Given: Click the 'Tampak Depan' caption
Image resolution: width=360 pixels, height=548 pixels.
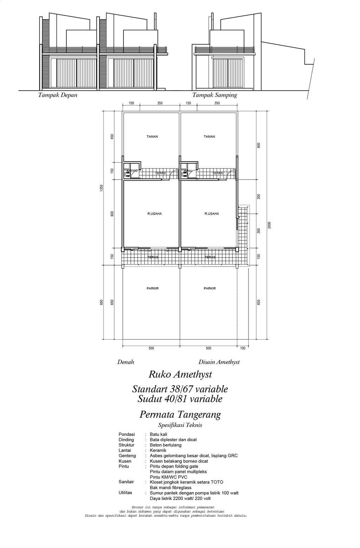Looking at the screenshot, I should click(58, 95).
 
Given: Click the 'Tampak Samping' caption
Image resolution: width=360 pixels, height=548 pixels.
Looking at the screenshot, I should click(214, 95).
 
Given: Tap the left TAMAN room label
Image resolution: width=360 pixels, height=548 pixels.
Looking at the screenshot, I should click(152, 137).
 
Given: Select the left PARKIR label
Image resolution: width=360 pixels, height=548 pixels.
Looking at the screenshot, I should click(152, 288).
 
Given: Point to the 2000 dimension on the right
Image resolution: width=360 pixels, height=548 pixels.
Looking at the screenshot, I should click(269, 225).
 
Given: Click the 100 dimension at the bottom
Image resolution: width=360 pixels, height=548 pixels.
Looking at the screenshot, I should click(243, 348).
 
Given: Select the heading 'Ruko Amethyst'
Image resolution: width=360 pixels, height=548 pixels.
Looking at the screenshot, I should click(180, 374).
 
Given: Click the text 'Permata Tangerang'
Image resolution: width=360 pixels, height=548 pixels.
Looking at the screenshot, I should click(180, 415).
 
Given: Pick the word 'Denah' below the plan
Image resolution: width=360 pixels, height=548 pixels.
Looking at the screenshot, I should click(126, 362).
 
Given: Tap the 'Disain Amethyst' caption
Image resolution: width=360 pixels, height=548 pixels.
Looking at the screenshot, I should click(219, 362).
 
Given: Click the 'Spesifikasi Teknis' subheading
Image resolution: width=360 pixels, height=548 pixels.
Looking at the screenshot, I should click(180, 425).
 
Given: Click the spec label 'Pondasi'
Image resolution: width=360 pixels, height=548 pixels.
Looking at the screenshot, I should click(127, 434).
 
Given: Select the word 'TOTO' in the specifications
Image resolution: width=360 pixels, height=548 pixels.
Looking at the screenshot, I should click(217, 482).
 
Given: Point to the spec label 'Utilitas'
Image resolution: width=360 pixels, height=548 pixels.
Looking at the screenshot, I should click(125, 492).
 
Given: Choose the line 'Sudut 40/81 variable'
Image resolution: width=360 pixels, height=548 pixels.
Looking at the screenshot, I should click(180, 399).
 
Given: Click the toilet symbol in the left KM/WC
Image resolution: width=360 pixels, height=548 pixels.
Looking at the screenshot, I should click(127, 174).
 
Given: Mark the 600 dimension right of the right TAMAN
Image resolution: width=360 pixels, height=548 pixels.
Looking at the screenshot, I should click(258, 145).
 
